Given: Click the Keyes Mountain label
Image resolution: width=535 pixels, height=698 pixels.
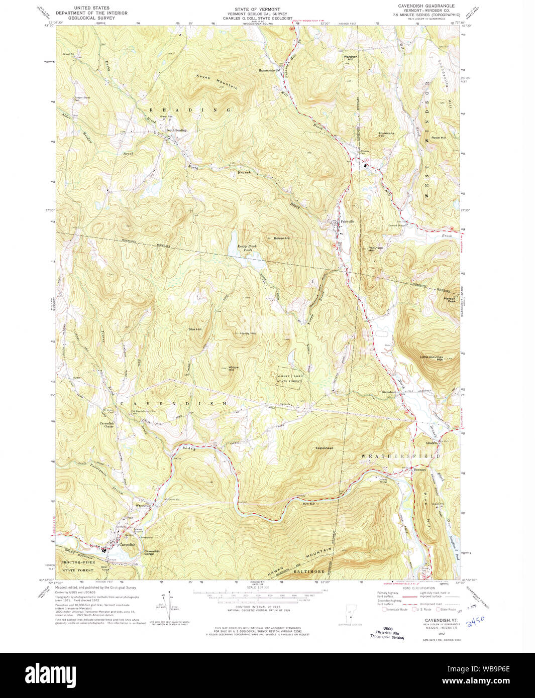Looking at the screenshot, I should click(217, 83).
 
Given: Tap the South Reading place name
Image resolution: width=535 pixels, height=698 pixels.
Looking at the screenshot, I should click(176, 130).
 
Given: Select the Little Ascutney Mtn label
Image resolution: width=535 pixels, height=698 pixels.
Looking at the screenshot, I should click(432, 358).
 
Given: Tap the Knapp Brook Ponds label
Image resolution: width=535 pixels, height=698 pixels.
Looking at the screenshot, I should click(244, 248).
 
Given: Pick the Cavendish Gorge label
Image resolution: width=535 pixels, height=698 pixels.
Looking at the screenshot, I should click(152, 552).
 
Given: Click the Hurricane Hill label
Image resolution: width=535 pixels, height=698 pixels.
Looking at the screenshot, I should click(386, 135).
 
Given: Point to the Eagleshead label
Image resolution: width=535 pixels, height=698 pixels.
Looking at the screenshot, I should click(325, 448).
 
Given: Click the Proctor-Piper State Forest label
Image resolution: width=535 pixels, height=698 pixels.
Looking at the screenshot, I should click(78, 566).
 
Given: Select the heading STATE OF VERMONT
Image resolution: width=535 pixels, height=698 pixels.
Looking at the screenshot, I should click(257, 9).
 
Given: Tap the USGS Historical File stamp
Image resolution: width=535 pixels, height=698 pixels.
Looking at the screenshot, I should click(387, 633).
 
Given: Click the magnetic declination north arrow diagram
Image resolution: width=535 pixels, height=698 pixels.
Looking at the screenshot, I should click(170, 608).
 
